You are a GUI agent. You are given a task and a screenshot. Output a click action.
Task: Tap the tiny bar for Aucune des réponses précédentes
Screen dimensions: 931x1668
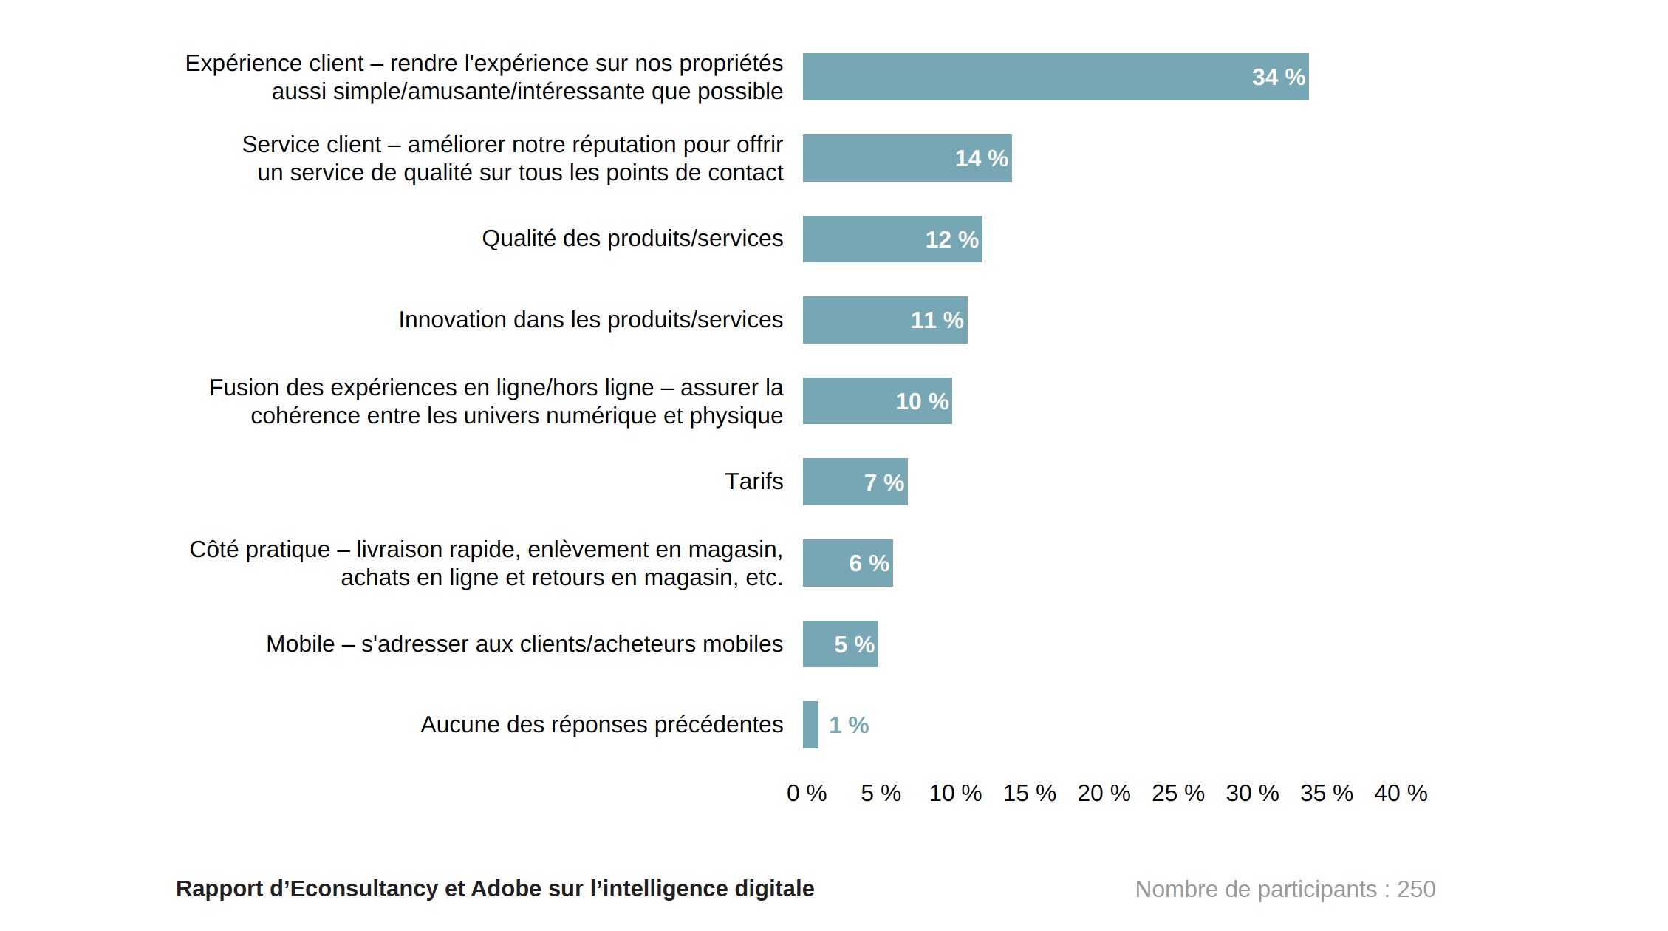810,725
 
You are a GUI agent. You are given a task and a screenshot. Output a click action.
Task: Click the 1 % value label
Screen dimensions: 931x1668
849,726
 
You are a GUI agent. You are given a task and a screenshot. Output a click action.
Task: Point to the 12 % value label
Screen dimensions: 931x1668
951,239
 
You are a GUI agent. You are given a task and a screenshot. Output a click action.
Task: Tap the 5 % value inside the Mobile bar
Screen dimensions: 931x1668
854,644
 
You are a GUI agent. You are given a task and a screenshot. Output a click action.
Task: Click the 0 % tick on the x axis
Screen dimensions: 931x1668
807,793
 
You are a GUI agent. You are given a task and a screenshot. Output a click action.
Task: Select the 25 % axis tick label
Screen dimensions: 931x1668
1177,793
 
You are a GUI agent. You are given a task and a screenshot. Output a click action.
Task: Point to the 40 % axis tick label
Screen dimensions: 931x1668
1401,793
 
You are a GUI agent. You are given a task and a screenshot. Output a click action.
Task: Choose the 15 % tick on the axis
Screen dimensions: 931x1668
1029,793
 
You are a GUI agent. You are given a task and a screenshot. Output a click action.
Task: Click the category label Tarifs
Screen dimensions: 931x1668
753,481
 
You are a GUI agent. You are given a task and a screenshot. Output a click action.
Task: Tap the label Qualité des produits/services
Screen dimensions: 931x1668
632,238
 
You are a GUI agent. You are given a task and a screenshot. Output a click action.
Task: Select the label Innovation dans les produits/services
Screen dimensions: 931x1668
590,319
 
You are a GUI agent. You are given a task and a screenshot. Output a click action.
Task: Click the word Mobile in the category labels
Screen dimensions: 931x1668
300,644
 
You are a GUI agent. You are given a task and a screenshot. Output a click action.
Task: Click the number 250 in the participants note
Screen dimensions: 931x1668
1415,889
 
